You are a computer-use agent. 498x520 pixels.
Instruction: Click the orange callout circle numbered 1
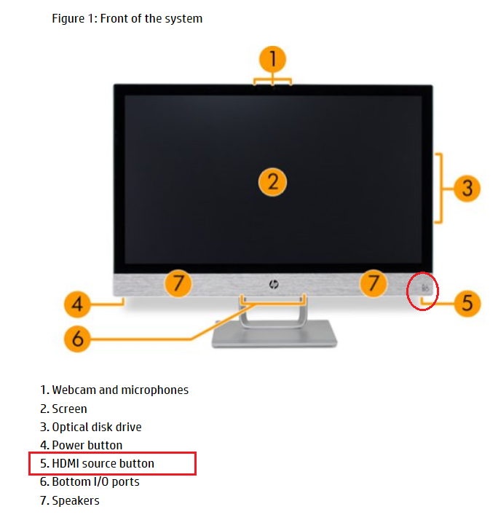click(272, 60)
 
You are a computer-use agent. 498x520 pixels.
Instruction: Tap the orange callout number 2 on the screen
click(272, 182)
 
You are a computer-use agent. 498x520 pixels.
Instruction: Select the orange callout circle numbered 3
click(467, 189)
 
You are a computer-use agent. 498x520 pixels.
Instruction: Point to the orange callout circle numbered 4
click(77, 304)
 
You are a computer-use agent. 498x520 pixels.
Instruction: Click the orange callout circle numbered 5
click(467, 303)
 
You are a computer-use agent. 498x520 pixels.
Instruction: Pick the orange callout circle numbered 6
click(77, 338)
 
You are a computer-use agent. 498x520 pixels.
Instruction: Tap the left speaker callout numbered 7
click(178, 283)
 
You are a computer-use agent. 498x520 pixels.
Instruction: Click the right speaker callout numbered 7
click(373, 283)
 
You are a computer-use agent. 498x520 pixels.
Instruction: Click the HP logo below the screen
click(274, 284)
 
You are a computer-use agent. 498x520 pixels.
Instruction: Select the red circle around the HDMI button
click(422, 291)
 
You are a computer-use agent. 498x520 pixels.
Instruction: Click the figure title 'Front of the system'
click(151, 19)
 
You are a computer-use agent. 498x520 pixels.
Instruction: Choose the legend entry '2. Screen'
click(63, 409)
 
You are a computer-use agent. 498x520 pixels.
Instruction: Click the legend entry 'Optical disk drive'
click(97, 427)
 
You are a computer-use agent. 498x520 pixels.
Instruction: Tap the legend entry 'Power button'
click(87, 445)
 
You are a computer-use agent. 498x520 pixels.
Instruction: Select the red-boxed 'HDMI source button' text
click(103, 463)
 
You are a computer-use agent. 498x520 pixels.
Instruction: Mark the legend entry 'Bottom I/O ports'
click(96, 482)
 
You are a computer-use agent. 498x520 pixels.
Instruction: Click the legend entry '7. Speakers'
click(70, 500)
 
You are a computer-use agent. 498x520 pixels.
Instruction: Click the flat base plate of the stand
click(274, 334)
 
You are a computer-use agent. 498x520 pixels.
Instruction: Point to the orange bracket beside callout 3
click(439, 189)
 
